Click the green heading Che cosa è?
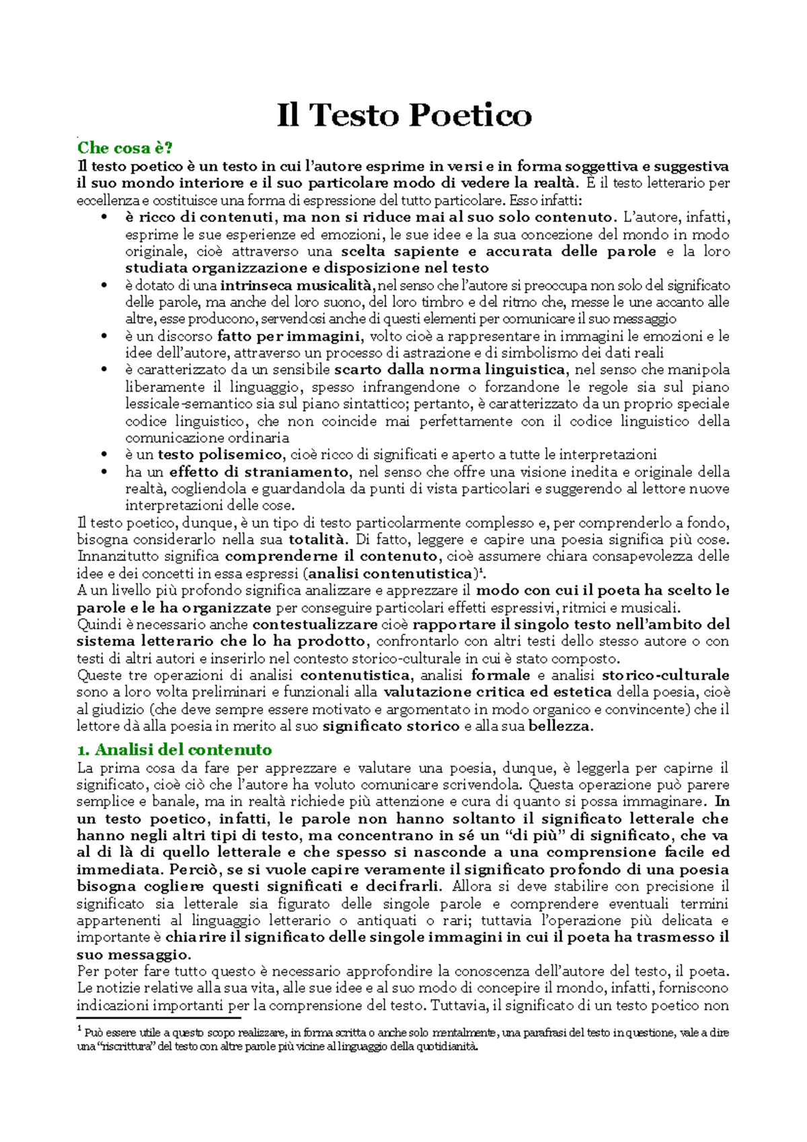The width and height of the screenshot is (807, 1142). (x=125, y=148)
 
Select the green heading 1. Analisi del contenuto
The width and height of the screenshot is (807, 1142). (x=174, y=749)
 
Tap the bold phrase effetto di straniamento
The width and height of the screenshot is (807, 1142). (x=259, y=471)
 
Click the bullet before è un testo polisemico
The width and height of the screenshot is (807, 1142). (x=104, y=455)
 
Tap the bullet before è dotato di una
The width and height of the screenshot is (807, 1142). (x=104, y=286)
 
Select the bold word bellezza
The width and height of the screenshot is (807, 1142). (x=560, y=726)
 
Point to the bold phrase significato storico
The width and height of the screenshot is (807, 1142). (x=391, y=726)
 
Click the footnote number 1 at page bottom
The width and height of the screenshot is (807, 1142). (x=79, y=1030)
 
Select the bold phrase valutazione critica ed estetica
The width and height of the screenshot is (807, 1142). (x=498, y=692)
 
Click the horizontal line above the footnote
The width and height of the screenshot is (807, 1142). (x=158, y=1018)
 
